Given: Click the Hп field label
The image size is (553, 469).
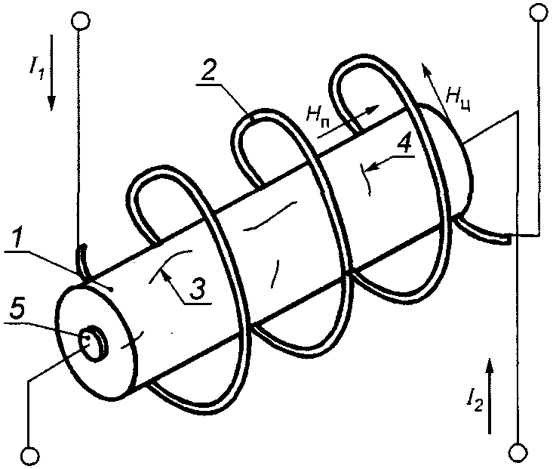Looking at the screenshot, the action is pyautogui.click(x=318, y=115).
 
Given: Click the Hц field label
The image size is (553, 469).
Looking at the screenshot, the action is pyautogui.click(x=457, y=96).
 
